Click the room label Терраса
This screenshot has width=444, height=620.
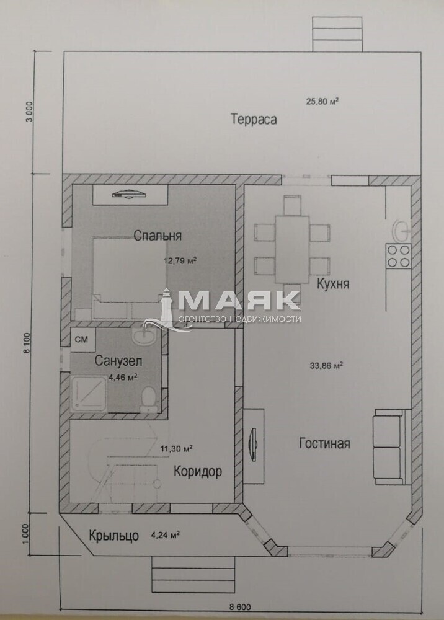(254, 119)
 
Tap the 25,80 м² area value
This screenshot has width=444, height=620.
(322, 101)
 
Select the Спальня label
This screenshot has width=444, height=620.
(158, 236)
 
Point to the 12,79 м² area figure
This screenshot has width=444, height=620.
(180, 261)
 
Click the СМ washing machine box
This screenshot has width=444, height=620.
(82, 339)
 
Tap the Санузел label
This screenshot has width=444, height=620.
(118, 361)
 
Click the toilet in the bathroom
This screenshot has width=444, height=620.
(149, 399)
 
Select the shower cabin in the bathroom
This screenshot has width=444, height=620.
(88, 394)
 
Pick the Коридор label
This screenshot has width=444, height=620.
(198, 471)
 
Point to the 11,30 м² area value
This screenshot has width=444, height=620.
(176, 449)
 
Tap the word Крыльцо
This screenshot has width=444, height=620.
(114, 536)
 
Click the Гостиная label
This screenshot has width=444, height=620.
(324, 443)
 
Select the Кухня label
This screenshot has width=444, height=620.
(333, 284)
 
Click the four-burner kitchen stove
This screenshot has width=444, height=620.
(398, 256)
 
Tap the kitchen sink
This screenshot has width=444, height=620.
(402, 231)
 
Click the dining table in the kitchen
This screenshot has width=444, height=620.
(292, 249)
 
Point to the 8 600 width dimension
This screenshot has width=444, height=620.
(240, 607)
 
